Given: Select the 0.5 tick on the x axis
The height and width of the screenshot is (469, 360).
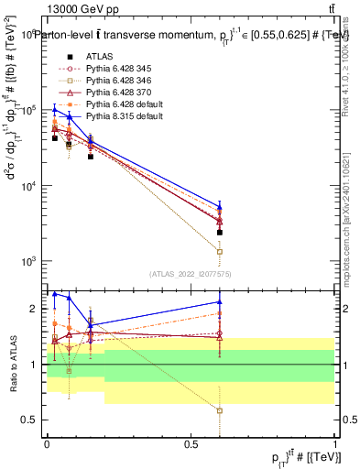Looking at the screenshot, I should (191, 442).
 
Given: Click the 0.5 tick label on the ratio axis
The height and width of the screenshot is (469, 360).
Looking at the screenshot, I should (32, 420).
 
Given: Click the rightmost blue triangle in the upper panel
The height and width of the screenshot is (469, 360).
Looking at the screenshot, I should (220, 206).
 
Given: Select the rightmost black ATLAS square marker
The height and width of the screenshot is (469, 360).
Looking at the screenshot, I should (220, 233).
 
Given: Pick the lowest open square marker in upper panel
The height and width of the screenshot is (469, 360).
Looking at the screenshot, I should (220, 251).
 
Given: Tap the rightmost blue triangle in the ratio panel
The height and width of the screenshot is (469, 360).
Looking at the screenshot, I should (220, 301).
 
